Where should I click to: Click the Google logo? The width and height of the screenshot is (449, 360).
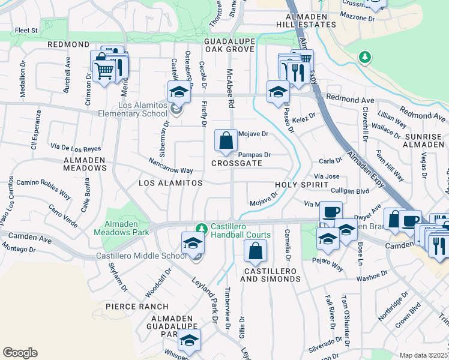pyautogui.click(x=20, y=353)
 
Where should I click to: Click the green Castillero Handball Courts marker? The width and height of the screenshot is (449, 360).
pyautogui.click(x=202, y=228)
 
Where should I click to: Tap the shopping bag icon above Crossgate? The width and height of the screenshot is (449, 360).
pyautogui.click(x=226, y=142)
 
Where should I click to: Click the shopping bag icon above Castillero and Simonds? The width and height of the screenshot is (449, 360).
pyautogui.click(x=256, y=251)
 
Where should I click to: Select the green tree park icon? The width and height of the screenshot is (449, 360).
pyautogui.click(x=364, y=57)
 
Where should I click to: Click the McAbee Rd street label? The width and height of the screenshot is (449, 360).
pyautogui.click(x=230, y=87)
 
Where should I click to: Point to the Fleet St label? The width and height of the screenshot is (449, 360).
pyautogui.click(x=26, y=29)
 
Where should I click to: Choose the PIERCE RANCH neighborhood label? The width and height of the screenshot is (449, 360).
pyautogui.click(x=132, y=306)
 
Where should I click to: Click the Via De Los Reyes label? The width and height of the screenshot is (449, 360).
pyautogui.click(x=76, y=148)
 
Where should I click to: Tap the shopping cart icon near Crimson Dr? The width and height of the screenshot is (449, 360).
pyautogui.click(x=104, y=71)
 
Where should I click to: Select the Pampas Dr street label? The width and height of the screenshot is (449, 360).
pyautogui.click(x=255, y=155)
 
